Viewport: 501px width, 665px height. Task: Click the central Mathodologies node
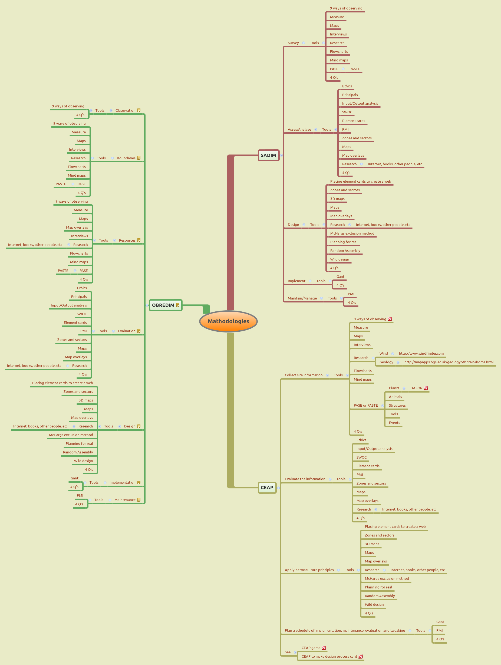pos(228,321)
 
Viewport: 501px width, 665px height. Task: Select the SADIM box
pos(268,155)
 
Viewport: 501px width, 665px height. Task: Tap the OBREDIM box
pos(163,305)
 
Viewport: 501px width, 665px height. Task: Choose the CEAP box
pos(267,488)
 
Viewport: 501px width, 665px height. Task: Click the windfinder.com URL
pos(421,354)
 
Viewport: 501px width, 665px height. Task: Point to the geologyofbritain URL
pos(449,362)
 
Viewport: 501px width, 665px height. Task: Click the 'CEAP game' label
pos(311,648)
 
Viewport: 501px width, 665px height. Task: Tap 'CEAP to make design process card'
pos(329,657)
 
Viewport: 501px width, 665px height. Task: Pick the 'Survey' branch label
pos(293,43)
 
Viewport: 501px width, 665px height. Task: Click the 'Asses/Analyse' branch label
pos(299,130)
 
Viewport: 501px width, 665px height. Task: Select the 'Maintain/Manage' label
pos(302,298)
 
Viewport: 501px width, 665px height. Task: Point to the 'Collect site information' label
pos(304,375)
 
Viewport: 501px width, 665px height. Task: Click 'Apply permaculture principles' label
pos(309,570)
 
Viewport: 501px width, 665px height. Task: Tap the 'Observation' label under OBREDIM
pos(125,111)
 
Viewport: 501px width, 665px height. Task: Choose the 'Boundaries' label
pos(126,158)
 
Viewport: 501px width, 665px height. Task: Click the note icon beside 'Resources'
pos(139,240)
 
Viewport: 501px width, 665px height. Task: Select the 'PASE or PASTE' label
pos(365,406)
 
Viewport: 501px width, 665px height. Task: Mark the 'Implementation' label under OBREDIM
pos(122,482)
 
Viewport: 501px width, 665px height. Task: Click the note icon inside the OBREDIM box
pos(178,305)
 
